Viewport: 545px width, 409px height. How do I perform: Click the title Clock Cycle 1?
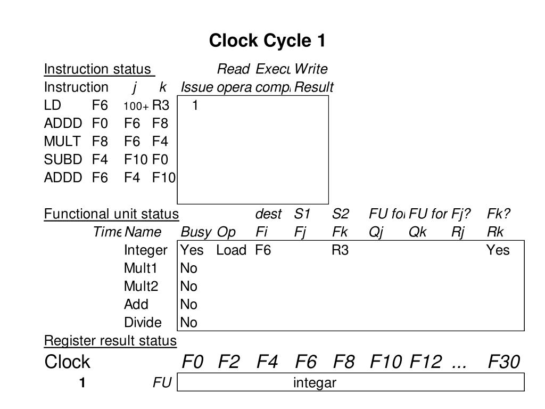coord(267,40)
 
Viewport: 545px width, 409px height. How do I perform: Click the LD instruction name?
coord(52,105)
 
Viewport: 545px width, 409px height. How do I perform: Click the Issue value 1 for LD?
coord(195,105)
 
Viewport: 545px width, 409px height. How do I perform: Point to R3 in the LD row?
coord(161,105)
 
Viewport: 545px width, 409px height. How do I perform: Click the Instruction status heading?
coord(98,69)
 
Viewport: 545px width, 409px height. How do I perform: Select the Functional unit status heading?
coord(111,214)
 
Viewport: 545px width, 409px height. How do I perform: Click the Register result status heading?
coord(110,341)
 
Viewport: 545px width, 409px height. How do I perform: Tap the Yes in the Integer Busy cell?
coord(192,250)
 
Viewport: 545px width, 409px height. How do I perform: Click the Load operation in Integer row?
coord(231,250)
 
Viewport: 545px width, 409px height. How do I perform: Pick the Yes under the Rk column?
coord(498,250)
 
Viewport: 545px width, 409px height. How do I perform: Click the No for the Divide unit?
coord(188,323)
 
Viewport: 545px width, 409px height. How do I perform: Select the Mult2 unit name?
coord(141,287)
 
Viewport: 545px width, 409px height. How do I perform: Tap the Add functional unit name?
coord(136,305)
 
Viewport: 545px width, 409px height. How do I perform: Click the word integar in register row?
coord(315,382)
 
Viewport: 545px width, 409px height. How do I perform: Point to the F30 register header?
coord(503,362)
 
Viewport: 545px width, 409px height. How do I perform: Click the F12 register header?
coord(425,362)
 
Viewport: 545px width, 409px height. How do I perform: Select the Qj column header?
coord(376,232)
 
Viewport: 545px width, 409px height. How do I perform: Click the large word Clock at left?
coord(67,362)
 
